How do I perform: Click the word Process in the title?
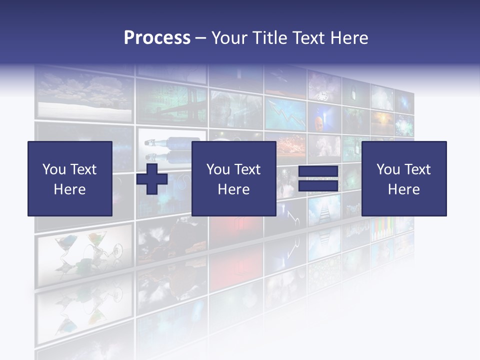pos(157,38)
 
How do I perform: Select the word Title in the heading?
pos(269,38)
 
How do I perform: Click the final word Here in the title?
pos(349,38)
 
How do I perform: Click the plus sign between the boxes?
pos(152,178)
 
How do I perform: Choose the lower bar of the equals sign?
pos(318,186)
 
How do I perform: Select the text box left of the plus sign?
pos(70,178)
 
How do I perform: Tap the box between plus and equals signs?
pos(233,178)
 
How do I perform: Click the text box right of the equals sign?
pos(403,178)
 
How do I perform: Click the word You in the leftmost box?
pos(53,169)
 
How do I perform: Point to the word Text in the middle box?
pos(247,169)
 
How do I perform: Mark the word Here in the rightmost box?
pos(403,189)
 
